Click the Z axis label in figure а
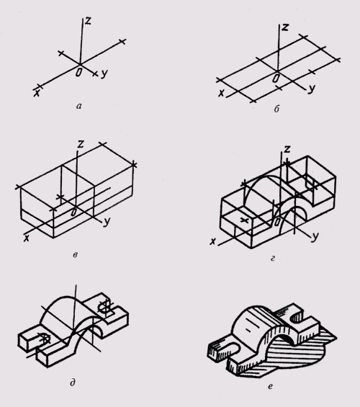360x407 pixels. pyautogui.click(x=88, y=20)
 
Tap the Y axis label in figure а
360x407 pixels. pyautogui.click(x=104, y=74)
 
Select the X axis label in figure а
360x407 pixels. pyautogui.click(x=37, y=93)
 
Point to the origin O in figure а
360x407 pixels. pyautogui.click(x=78, y=73)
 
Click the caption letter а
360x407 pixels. pyautogui.click(x=79, y=106)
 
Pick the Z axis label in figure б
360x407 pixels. pyautogui.click(x=285, y=27)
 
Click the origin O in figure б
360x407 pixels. pyautogui.click(x=276, y=78)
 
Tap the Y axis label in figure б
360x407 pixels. pyautogui.click(x=312, y=89)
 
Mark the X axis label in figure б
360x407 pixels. pyautogui.click(x=221, y=93)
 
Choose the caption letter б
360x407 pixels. pyautogui.click(x=276, y=109)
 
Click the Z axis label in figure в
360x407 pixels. pyautogui.click(x=81, y=143)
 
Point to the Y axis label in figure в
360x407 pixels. pyautogui.click(x=107, y=222)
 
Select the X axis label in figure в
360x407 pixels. pyautogui.click(x=27, y=238)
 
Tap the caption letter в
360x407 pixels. pyautogui.click(x=75, y=254)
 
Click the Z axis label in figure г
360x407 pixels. pyautogui.click(x=287, y=149)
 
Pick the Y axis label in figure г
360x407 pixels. pyautogui.click(x=315, y=236)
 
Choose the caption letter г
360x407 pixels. pyautogui.click(x=273, y=259)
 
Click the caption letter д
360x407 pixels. pyautogui.click(x=73, y=383)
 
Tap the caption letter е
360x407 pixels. pyautogui.click(x=270, y=387)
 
